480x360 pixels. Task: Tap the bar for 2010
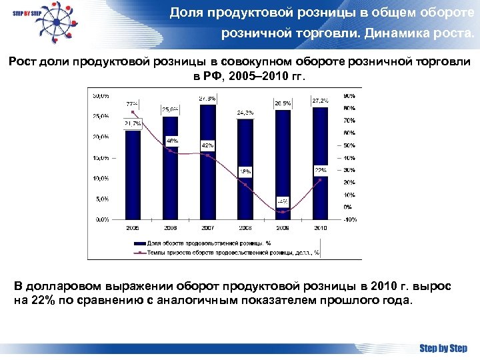321,163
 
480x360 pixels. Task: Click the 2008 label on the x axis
245,227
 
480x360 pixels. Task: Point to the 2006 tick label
171,227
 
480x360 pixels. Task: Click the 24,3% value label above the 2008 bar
245,113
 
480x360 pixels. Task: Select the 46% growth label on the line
172,141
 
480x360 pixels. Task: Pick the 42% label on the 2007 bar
207,145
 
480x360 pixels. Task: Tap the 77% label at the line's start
132,104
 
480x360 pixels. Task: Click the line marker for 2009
283,212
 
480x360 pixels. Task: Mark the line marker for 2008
245,185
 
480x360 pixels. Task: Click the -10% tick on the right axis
349,219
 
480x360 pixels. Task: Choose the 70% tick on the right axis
349,121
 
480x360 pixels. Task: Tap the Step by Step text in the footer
443,347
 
